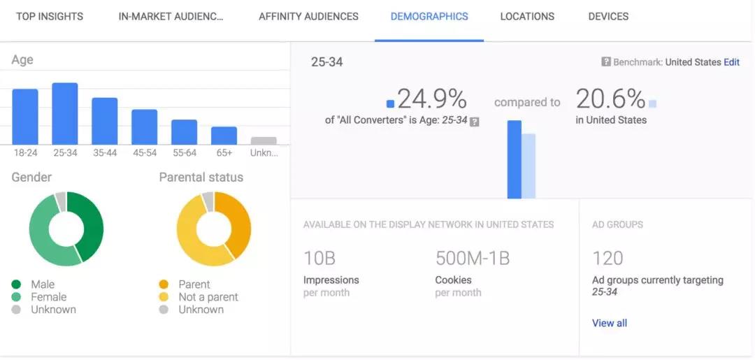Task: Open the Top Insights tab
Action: (x=50, y=16)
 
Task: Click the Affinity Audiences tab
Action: (x=308, y=16)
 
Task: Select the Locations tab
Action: (x=527, y=16)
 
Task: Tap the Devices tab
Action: (x=608, y=16)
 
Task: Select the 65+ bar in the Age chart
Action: (x=224, y=136)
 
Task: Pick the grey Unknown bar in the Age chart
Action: (x=264, y=141)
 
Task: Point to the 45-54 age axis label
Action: (x=145, y=152)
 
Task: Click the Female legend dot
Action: (x=16, y=297)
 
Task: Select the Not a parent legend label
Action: (x=208, y=297)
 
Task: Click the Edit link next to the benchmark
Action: (x=731, y=62)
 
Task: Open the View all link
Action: (x=610, y=323)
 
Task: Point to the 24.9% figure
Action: (x=431, y=99)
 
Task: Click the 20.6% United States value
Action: (x=610, y=99)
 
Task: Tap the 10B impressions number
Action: (x=319, y=259)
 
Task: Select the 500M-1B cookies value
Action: (x=473, y=259)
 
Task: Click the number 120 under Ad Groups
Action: (x=607, y=259)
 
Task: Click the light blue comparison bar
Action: (x=529, y=166)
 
